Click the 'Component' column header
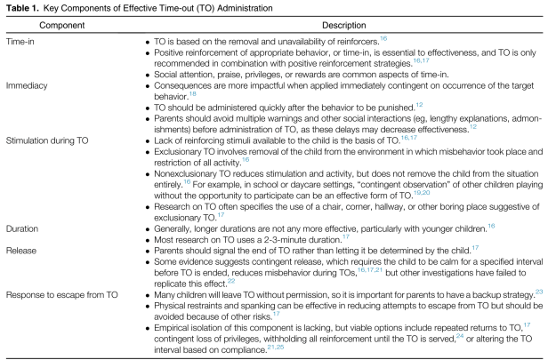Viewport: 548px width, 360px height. pyautogui.click(x=65, y=25)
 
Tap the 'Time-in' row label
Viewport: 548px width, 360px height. pyautogui.click(x=21, y=41)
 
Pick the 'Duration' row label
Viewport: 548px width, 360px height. pyautogui.click(x=24, y=227)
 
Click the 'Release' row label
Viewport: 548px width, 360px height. pyautogui.click(x=22, y=250)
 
